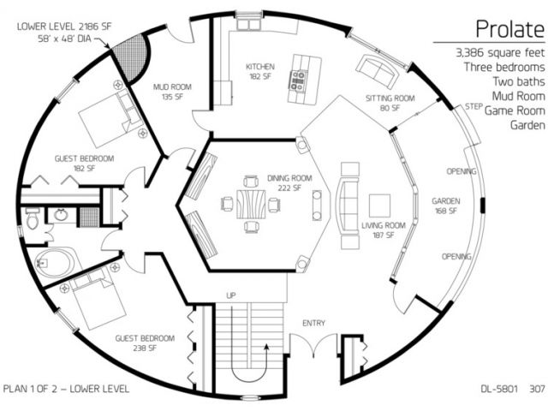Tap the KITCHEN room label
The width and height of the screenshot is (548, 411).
[260, 67]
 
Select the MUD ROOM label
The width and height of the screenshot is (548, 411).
[172, 87]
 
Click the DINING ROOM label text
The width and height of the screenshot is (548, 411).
[289, 178]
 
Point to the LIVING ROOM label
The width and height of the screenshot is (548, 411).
[384, 225]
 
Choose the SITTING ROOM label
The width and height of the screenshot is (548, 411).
[390, 98]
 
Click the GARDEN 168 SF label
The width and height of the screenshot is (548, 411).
[445, 205]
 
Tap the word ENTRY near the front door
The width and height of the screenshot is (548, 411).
[313, 324]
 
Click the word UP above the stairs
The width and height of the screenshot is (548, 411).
[231, 295]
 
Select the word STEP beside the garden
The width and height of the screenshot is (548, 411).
[474, 106]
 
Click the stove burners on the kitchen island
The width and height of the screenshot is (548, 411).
[298, 80]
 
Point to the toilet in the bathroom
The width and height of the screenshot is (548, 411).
[33, 218]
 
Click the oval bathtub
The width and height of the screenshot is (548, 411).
[55, 263]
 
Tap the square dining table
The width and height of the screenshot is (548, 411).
[251, 205]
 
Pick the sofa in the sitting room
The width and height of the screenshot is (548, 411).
[378, 71]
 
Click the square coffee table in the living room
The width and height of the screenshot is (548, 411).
[380, 206]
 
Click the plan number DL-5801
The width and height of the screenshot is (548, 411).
[499, 389]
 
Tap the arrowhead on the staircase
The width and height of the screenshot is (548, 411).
[266, 347]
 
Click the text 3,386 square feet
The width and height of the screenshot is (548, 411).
[500, 53]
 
